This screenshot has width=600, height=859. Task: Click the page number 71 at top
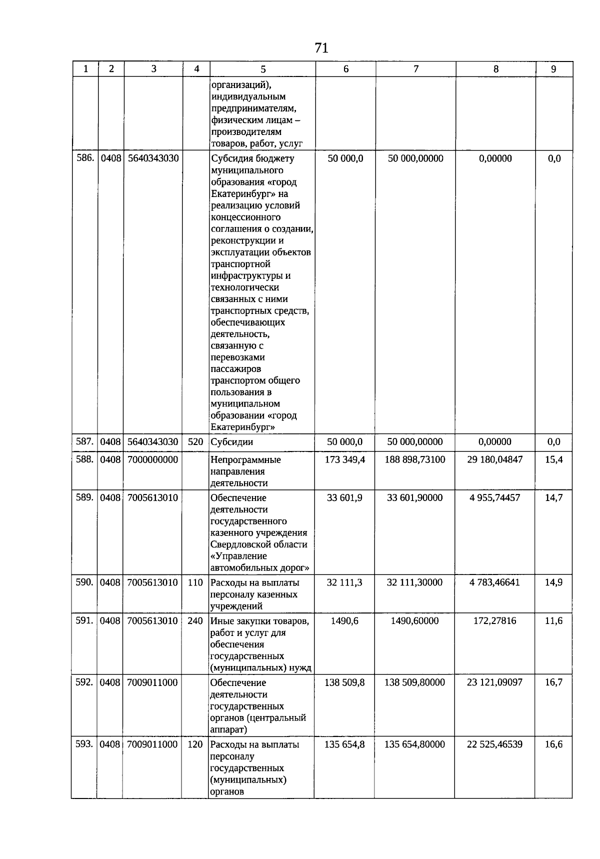321,48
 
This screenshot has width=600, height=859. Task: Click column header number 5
263,69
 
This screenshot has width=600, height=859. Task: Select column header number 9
553,69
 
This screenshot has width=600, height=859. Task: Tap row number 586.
84,158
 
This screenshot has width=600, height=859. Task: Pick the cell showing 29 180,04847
494,459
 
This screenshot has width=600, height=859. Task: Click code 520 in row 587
195,442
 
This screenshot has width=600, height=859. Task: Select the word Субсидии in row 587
231,442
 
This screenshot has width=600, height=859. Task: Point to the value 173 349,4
345,459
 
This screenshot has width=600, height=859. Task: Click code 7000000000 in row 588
152,459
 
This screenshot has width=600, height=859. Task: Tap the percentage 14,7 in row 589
553,498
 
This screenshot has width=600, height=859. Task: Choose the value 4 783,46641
494,582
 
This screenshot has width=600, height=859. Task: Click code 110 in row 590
195,582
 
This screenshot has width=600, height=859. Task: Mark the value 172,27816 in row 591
494,621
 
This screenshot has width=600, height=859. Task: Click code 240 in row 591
195,621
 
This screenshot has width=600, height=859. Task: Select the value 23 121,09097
494,682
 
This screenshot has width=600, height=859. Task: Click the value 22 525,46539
494,744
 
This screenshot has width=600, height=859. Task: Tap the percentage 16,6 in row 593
553,744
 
